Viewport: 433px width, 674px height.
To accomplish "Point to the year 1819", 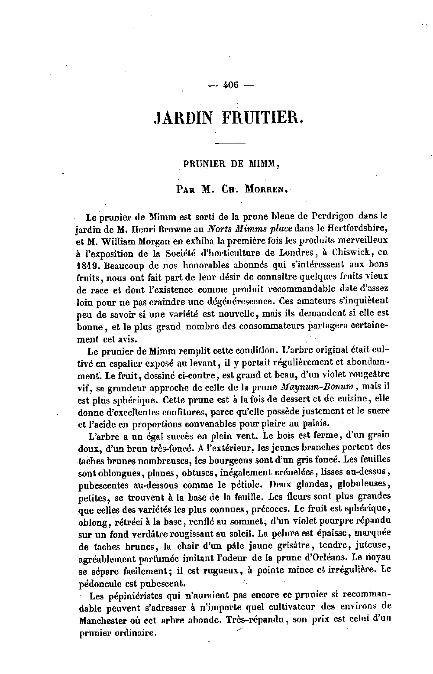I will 88,264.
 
